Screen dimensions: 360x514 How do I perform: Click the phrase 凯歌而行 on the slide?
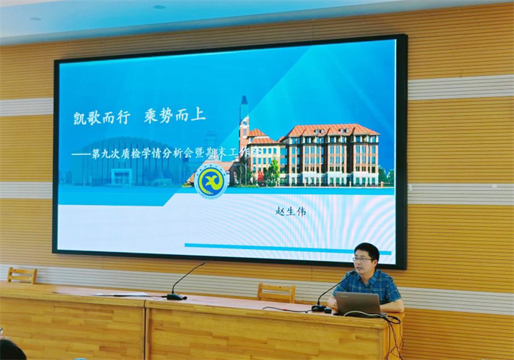101,117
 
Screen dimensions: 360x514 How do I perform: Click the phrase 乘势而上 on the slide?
175,116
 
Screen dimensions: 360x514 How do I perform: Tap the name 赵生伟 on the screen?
290,211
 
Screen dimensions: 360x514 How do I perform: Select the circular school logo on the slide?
211,180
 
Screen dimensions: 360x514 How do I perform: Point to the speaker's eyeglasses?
363,259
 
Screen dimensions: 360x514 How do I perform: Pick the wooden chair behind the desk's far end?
22,276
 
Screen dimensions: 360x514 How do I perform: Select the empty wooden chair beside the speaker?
276,292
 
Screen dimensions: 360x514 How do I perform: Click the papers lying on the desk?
121,294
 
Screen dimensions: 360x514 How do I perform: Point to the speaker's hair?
366,248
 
